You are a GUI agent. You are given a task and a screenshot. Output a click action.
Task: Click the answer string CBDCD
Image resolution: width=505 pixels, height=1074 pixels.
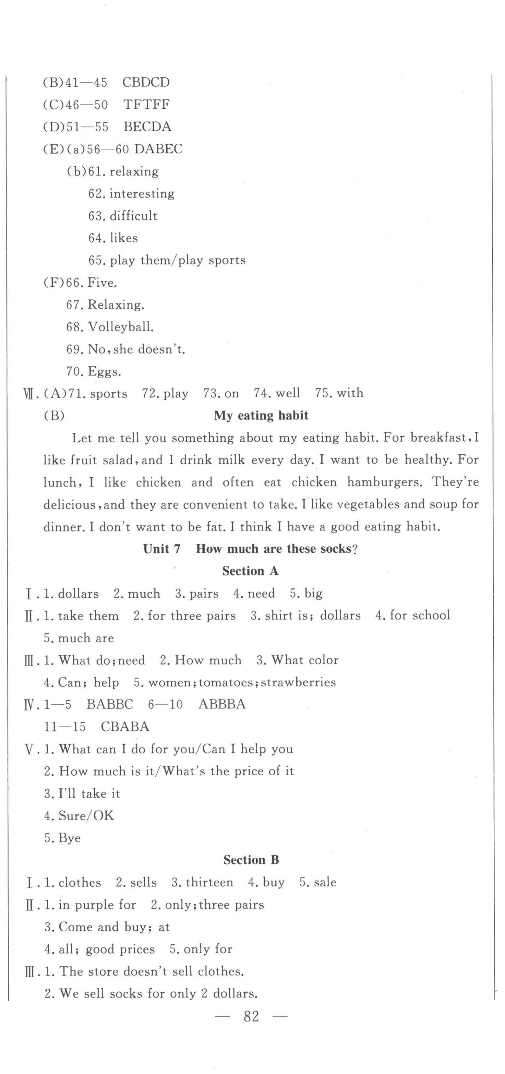point(146,82)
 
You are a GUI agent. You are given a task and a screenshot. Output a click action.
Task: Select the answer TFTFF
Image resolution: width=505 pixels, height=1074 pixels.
point(146,104)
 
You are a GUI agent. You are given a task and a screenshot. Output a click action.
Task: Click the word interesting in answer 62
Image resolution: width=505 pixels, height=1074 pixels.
point(142,193)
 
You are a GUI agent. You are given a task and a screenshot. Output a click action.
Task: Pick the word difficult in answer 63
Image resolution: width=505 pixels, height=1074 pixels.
point(133,216)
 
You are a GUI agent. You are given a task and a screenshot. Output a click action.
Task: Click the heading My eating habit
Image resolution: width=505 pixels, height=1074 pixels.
point(261,415)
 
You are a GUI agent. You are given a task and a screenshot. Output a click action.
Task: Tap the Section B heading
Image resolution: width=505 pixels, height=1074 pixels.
point(251,860)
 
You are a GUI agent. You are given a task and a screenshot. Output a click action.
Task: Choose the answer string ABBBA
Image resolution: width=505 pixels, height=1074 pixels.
point(222,704)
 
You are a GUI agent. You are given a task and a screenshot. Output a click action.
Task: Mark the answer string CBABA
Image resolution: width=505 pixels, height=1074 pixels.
point(125,727)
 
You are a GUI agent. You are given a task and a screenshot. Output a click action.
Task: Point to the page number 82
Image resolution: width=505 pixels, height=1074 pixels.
point(251,1016)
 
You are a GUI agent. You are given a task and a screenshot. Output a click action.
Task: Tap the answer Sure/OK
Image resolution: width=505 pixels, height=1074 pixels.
point(86,815)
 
